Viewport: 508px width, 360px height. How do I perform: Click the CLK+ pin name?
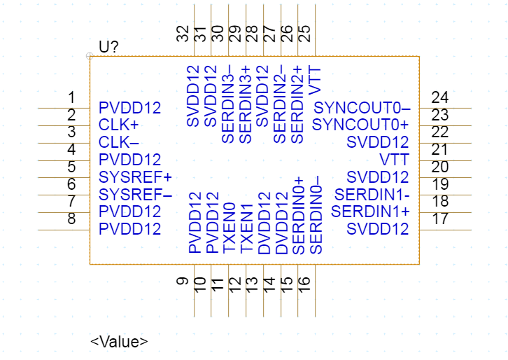119,125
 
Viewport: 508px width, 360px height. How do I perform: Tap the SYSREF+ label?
135,176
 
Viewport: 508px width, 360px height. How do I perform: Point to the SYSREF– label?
135,194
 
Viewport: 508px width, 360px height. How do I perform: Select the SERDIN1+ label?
370,211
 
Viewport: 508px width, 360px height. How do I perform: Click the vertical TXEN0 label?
228,228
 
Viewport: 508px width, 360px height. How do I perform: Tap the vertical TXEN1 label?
246,228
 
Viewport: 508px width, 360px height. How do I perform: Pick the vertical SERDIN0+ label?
297,215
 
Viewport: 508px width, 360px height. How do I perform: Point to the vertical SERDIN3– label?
227,104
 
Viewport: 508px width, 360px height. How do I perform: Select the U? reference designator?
108,47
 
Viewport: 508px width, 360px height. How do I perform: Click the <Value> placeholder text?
119,342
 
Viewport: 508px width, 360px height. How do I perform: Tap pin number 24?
439,98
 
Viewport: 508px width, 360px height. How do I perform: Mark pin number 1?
71,98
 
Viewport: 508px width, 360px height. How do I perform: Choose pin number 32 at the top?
183,34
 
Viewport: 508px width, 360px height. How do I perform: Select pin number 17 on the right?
439,219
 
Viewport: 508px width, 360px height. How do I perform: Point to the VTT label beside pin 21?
395,160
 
